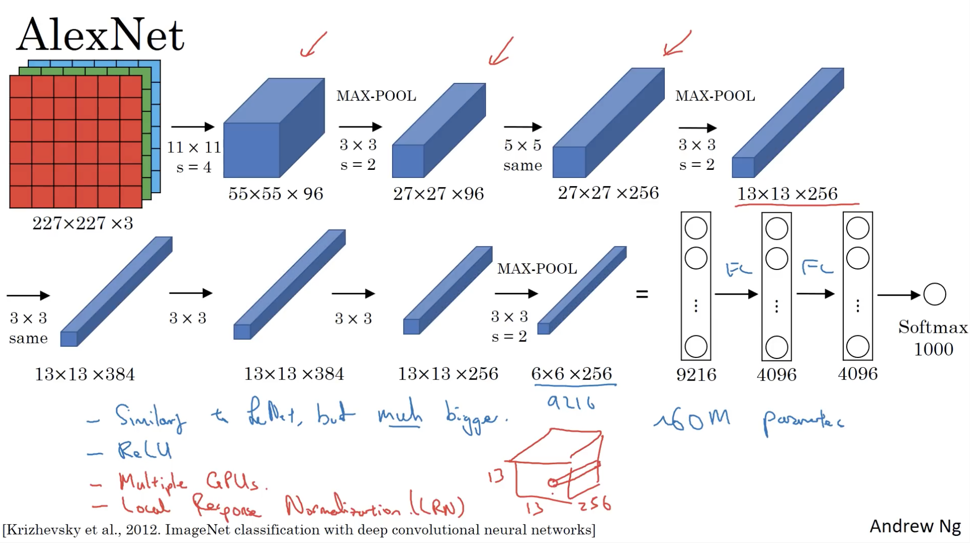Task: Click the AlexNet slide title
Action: [101, 35]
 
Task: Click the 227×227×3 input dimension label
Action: [83, 223]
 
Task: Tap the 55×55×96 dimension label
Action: [275, 194]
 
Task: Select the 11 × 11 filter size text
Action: [194, 147]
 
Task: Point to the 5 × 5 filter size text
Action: [522, 146]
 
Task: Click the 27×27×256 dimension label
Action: [608, 193]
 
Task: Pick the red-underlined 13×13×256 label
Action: [787, 194]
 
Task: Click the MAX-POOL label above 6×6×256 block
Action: [537, 268]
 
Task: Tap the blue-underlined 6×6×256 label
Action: [571, 374]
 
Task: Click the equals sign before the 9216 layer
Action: [642, 294]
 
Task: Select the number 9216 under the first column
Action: [696, 375]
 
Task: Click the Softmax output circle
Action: [934, 294]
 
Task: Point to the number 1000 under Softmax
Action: [933, 349]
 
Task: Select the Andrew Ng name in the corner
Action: [915, 526]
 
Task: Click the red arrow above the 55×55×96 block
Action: [313, 44]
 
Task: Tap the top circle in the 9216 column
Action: [696, 228]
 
